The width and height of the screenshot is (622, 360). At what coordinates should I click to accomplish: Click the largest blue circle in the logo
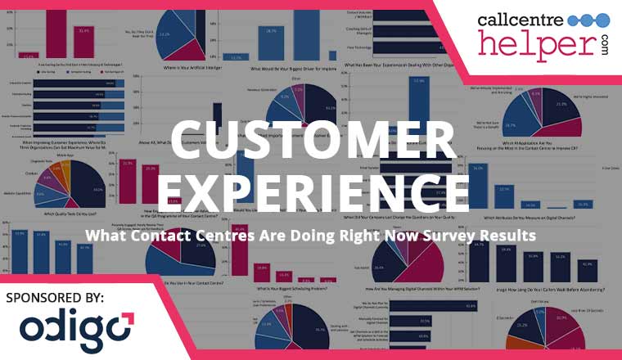(599, 20)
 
